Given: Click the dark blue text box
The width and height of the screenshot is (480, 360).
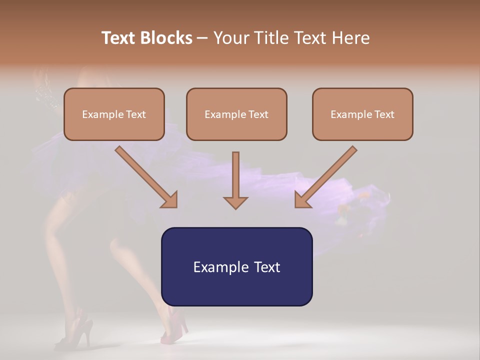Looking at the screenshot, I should (x=236, y=290).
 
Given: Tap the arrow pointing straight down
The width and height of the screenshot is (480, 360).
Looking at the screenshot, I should (x=235, y=180).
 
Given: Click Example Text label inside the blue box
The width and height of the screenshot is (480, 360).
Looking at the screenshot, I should (x=236, y=267).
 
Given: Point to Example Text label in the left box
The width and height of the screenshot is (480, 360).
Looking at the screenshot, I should (x=114, y=114).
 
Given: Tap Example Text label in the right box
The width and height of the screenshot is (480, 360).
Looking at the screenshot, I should (x=362, y=114).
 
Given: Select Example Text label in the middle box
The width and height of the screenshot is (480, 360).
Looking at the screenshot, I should (x=236, y=114).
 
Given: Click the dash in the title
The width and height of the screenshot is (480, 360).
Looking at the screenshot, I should (x=202, y=38).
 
